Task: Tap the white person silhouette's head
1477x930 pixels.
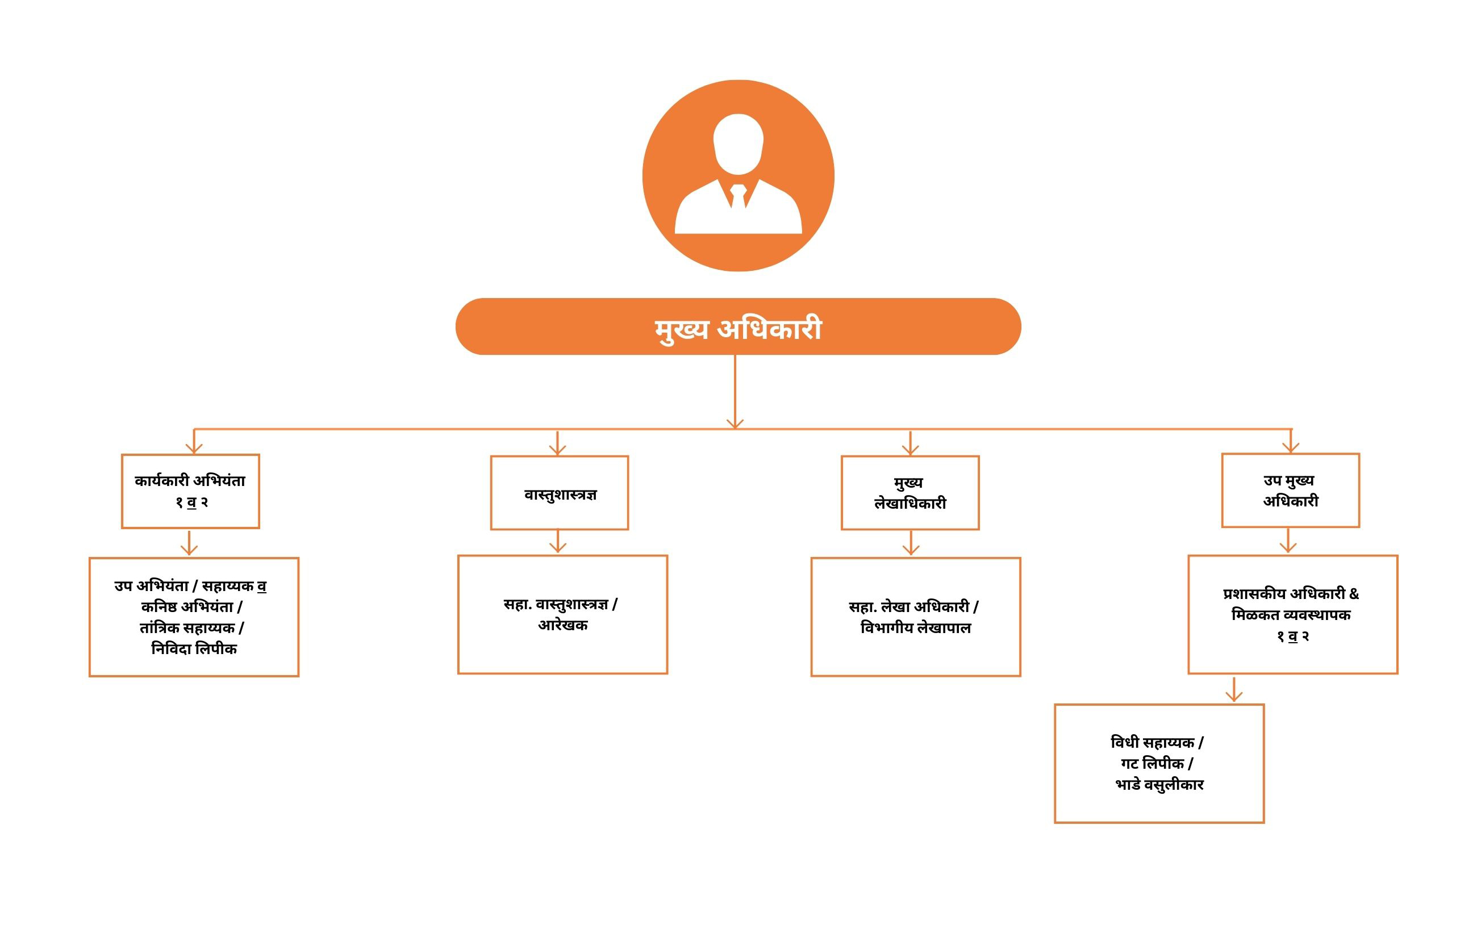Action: click(x=738, y=144)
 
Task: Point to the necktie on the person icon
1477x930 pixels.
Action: click(x=738, y=195)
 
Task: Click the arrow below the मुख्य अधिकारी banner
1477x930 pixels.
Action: click(x=735, y=392)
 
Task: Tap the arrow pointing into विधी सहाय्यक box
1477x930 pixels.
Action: click(x=1233, y=689)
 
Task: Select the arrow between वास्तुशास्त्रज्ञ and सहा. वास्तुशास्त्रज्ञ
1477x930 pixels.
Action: click(x=557, y=541)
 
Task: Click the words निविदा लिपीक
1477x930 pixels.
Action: click(x=194, y=648)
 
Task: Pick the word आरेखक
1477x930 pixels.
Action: click(x=562, y=625)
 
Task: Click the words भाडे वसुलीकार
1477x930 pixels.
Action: click(x=1159, y=785)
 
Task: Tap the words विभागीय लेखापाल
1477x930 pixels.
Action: click(x=916, y=628)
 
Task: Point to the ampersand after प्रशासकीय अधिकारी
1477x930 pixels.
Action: click(x=1354, y=593)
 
